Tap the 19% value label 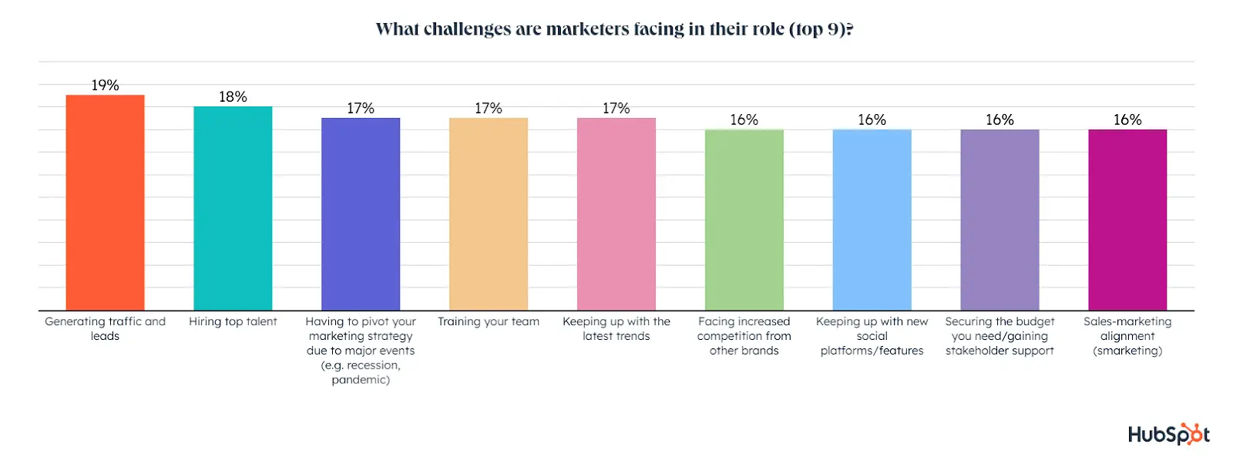[105, 85]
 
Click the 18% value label [233, 96]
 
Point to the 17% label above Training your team [489, 108]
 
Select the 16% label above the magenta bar [1127, 119]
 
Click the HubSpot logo [1168, 434]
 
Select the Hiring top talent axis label [233, 321]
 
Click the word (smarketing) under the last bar [1127, 351]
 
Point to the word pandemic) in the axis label [361, 380]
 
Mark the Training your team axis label [489, 321]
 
